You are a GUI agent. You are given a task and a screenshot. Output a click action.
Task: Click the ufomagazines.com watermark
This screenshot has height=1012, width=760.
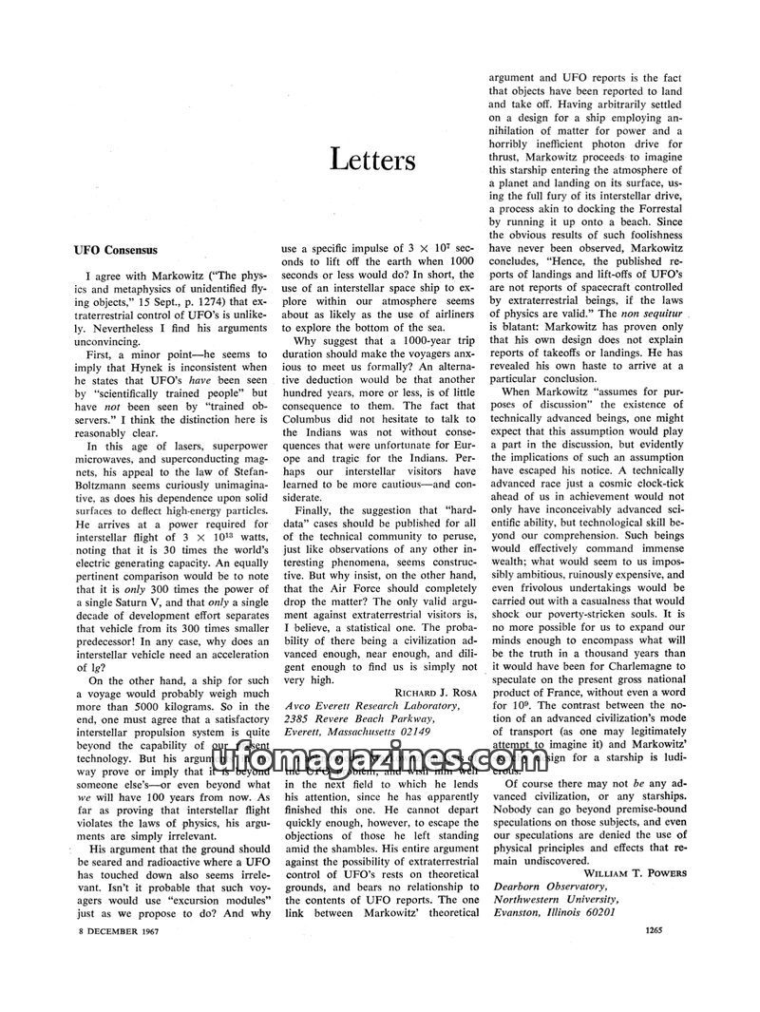pyautogui.click(x=380, y=762)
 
